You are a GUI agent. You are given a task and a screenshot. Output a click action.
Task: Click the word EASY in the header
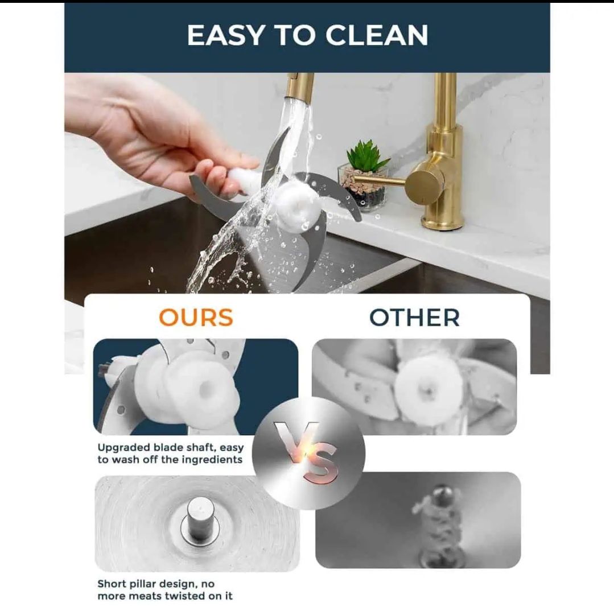[x=225, y=35]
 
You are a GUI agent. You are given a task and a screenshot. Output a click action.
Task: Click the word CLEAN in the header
[x=377, y=35]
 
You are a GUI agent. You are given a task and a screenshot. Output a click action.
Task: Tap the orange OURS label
[x=196, y=317]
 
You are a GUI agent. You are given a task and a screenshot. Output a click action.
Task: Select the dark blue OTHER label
[x=414, y=317]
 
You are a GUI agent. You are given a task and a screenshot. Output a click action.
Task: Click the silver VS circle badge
[x=308, y=453]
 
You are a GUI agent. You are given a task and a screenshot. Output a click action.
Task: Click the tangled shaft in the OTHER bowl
[x=438, y=520]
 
